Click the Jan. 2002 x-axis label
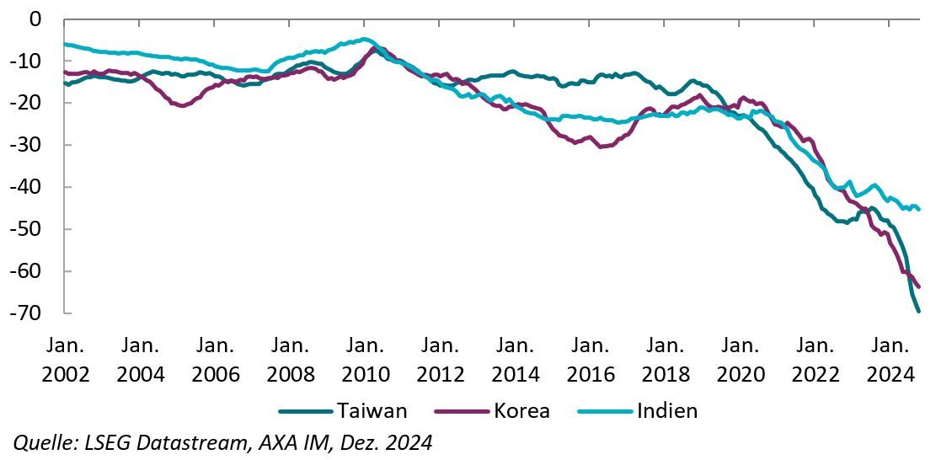(x=66, y=359)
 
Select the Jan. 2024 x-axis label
(x=890, y=359)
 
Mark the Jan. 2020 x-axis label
(x=740, y=359)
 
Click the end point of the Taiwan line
(x=918, y=311)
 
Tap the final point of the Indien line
(x=918, y=209)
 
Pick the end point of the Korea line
(x=918, y=287)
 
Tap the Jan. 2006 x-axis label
(x=216, y=359)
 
